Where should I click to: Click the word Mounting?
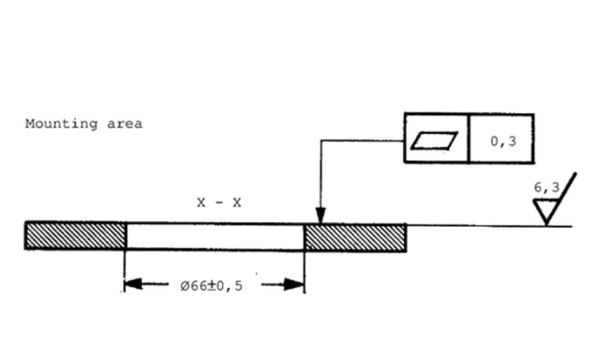(61, 124)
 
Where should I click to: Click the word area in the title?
(125, 124)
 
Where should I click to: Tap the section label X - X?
(219, 202)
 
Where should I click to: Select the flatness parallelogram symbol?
(435, 141)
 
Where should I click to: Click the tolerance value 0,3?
(503, 142)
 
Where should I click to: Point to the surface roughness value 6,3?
(546, 187)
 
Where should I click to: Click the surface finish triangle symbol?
(546, 212)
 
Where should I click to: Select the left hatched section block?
(75, 236)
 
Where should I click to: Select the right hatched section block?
(355, 238)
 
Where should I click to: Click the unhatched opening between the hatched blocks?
(216, 236)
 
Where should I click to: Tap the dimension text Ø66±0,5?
(211, 286)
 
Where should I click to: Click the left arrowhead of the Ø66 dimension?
(133, 284)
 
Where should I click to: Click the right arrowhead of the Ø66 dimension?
(294, 285)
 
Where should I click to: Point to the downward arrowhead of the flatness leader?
(321, 216)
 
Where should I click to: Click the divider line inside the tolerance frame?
(469, 138)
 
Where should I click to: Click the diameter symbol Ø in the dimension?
(185, 286)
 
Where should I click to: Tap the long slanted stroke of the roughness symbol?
(561, 199)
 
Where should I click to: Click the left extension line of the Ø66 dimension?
(125, 271)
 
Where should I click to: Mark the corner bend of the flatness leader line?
(321, 141)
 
